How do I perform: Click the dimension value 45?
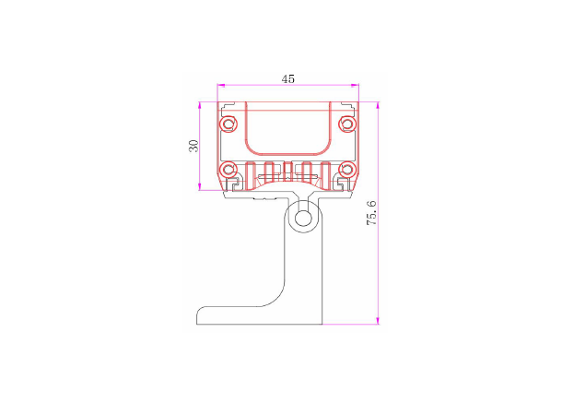point(288,79)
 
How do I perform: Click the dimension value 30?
point(193,146)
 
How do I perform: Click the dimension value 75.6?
point(371,214)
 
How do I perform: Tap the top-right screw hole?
point(347,124)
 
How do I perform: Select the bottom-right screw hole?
point(347,170)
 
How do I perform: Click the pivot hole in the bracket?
point(302,219)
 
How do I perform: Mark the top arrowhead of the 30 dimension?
point(200,104)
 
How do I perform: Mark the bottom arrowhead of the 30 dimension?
point(200,189)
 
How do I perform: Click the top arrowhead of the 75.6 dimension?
point(378,104)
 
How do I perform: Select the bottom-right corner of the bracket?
point(322,325)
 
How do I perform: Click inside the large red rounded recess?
point(288,129)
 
